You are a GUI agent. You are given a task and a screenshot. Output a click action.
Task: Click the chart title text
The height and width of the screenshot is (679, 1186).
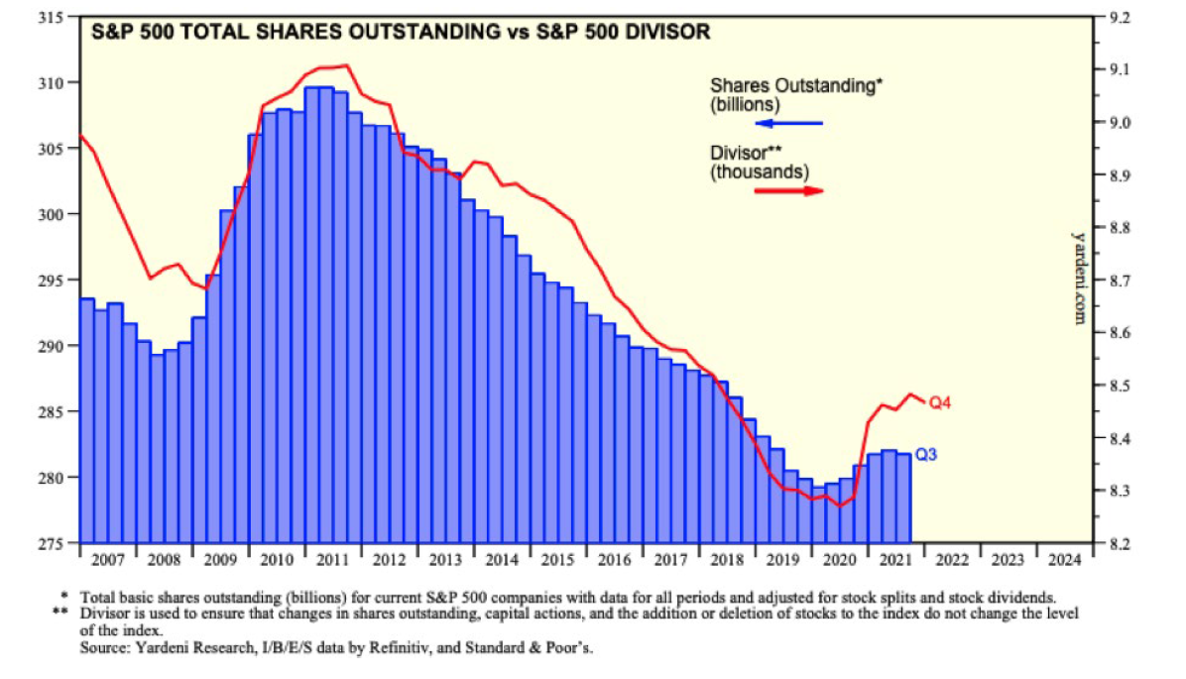pos(401,33)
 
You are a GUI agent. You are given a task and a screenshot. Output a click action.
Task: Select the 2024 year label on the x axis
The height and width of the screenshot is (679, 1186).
pos(1058,558)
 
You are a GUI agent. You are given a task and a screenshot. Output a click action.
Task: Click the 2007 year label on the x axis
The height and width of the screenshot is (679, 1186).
pos(107,558)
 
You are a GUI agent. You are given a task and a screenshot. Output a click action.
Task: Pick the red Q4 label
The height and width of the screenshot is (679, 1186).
pos(940,401)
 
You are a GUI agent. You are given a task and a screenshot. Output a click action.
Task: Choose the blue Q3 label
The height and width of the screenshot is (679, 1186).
pos(927,455)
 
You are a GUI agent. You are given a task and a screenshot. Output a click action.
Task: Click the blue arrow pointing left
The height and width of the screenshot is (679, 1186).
pos(788,123)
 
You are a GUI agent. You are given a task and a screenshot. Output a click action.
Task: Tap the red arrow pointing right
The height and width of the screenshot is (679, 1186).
pos(789,189)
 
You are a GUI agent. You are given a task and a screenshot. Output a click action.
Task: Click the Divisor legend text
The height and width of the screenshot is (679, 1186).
pos(760,162)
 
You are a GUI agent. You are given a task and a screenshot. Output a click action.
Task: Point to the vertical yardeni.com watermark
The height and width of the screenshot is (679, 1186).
pos(1079,278)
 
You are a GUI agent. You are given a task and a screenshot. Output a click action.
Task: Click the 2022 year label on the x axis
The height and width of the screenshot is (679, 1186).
pos(946,558)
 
